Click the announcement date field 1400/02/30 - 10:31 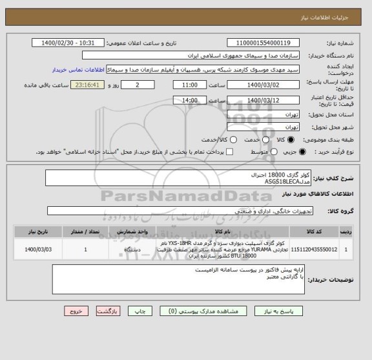(67, 43)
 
